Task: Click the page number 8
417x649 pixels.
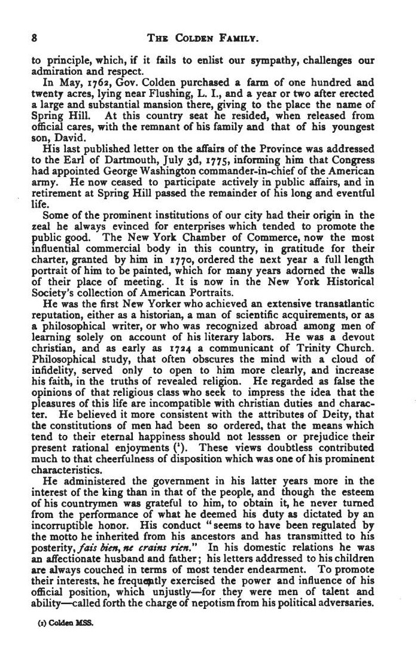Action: point(34,38)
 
